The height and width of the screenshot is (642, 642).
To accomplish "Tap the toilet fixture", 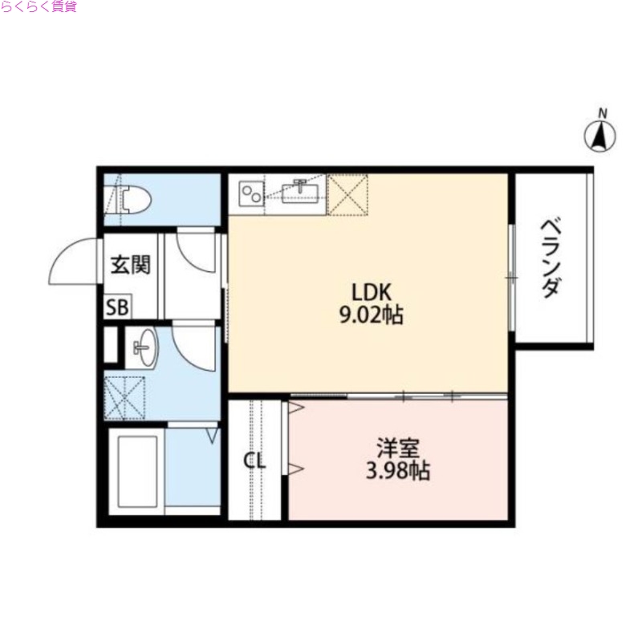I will coord(133,198).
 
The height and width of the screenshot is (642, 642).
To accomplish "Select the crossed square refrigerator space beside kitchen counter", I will coord(349,195).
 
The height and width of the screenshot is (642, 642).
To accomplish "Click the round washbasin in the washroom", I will coord(144,349).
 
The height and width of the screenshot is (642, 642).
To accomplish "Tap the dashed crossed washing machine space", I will coord(124,397).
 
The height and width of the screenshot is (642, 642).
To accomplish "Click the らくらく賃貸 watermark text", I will coord(39,7).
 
